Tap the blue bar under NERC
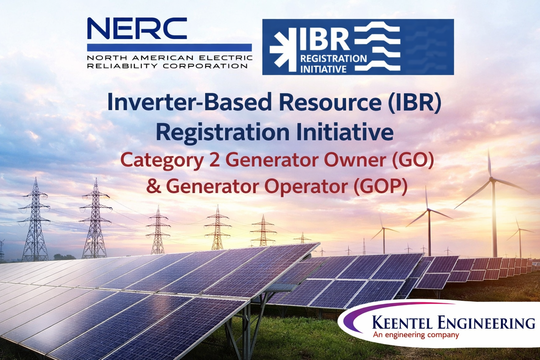(169, 47)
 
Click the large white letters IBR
(324, 39)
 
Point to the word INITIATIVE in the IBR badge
(323, 69)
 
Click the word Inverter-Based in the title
(189, 102)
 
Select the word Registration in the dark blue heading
(223, 133)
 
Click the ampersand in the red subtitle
(153, 186)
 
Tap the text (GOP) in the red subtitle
(380, 186)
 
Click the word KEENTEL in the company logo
(402, 322)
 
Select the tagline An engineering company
(416, 335)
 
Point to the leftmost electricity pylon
(35, 221)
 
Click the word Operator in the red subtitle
(306, 186)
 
